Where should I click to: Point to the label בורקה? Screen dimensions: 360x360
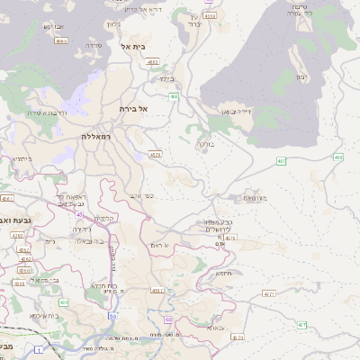point(206,142)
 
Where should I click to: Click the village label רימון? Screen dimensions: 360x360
point(301,76)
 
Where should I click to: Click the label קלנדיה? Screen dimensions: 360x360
point(105,219)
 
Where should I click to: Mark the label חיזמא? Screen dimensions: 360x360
point(222,273)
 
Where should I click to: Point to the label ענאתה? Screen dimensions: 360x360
point(215,328)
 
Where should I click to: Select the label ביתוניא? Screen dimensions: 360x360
point(22,158)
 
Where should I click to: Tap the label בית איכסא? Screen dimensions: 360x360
point(43,315)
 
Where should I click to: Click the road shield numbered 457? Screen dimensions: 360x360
point(281,161)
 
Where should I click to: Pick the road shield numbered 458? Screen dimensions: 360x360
point(337,157)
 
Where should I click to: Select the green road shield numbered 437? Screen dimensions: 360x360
point(301,325)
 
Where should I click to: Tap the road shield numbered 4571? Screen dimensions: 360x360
point(269,293)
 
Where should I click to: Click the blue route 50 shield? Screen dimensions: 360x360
point(112,315)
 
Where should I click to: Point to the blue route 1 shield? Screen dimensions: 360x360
point(38,348)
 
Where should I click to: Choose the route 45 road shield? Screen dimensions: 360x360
point(79,215)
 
